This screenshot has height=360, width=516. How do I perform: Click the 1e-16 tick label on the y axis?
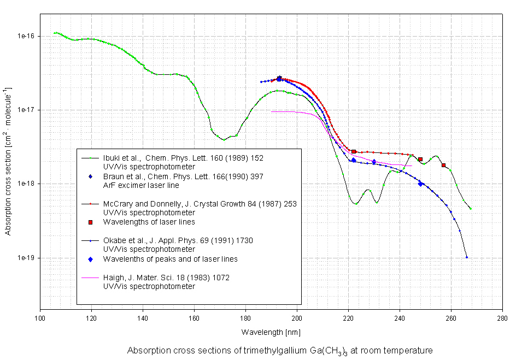[x=26, y=36]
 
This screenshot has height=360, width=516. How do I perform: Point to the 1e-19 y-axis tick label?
[x=26, y=258]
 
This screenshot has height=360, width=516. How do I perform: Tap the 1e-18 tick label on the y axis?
[x=26, y=184]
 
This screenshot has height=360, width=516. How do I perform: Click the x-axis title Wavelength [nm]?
[x=271, y=332]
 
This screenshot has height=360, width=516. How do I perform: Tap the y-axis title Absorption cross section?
[x=8, y=161]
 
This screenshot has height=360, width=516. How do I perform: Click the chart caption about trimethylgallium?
[x=280, y=350]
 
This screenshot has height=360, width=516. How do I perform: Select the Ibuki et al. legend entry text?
[x=183, y=158]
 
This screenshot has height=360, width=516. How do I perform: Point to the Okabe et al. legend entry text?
[x=178, y=240]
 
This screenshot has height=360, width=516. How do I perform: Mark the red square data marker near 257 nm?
[x=443, y=165]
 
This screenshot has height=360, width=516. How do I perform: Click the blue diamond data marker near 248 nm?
[x=420, y=184]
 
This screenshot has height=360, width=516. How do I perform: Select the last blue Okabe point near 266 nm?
[x=466, y=257]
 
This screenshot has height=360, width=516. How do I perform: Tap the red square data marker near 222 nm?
[x=354, y=151]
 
